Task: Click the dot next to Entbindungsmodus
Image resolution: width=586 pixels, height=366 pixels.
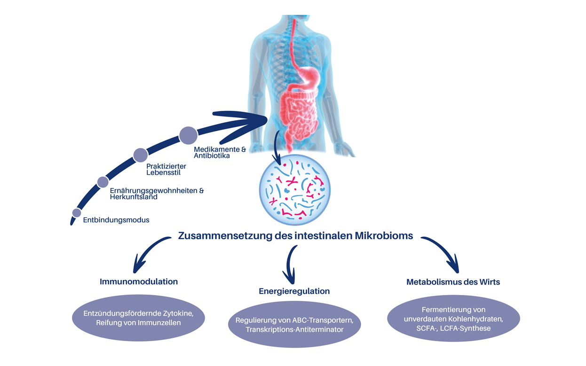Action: pos(77,213)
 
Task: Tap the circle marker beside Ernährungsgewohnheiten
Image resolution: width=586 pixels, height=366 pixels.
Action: pos(103,182)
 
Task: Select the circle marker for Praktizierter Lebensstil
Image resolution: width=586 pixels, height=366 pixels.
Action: pos(141,155)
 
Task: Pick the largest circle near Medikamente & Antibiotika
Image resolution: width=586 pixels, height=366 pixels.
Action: pos(188,135)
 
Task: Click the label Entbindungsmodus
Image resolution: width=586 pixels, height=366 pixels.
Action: pos(116,220)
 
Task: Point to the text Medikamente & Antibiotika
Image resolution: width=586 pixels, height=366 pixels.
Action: pos(220,152)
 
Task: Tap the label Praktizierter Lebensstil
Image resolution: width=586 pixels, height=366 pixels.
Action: pos(166,170)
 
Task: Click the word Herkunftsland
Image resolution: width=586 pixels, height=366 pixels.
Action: pos(134,197)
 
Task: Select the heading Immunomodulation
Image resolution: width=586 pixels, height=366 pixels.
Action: pos(139,282)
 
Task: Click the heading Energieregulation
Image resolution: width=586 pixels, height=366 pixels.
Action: pos(294,291)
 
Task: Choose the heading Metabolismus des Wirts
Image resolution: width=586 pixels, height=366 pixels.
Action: pos(453,282)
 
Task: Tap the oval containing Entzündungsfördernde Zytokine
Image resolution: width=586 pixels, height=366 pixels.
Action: pos(138,318)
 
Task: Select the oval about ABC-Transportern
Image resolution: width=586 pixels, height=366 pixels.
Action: pos(294,325)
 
